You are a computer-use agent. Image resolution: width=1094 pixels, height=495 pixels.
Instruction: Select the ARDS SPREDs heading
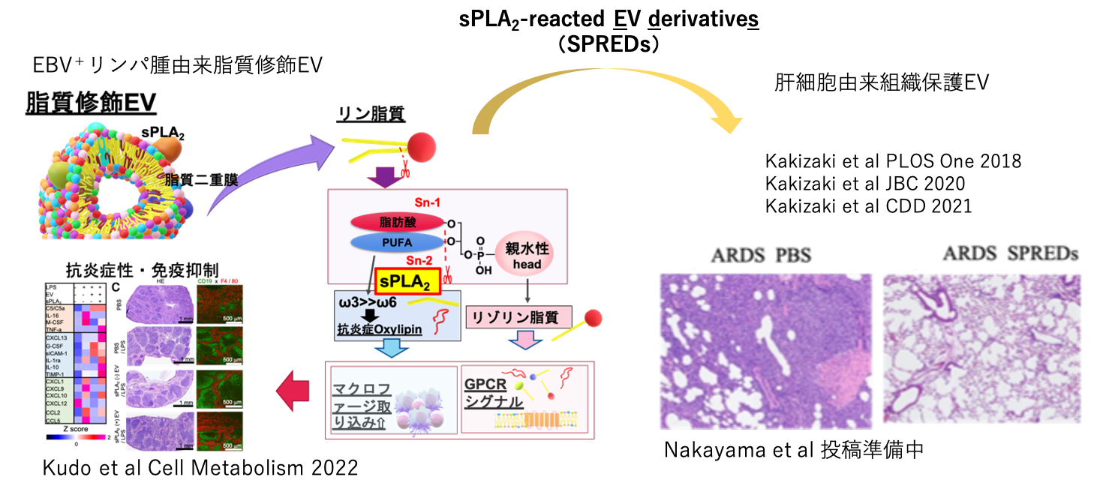1010,253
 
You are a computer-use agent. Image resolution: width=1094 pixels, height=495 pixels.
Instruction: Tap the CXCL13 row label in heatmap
58,338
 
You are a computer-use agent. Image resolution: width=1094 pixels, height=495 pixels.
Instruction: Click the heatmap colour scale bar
76,436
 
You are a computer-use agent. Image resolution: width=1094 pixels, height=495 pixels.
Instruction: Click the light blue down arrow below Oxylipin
392,347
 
